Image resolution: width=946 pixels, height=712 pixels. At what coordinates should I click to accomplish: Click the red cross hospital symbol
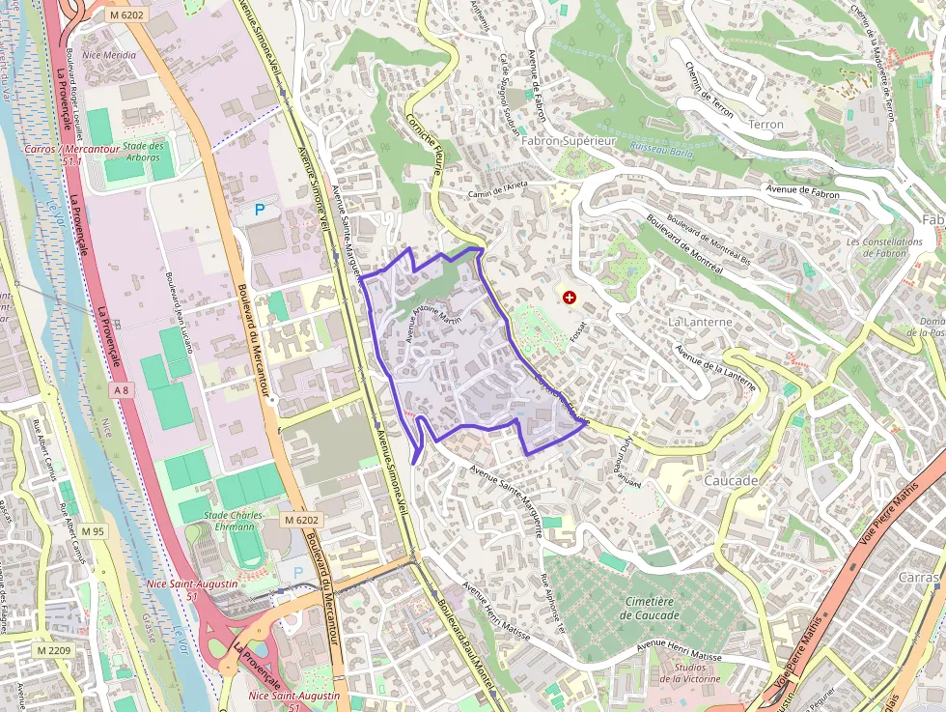pos(570,299)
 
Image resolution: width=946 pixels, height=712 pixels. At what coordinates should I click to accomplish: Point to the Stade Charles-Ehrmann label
pos(229,521)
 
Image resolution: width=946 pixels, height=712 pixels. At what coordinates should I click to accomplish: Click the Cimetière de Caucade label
pos(650,608)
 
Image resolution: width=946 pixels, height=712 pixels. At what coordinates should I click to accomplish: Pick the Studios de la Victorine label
pos(690,672)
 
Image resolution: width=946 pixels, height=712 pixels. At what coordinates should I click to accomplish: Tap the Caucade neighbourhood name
pos(731,480)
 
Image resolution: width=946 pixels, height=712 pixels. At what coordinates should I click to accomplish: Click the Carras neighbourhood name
pos(918,577)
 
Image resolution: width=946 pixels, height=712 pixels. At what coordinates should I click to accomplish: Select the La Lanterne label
pos(700,322)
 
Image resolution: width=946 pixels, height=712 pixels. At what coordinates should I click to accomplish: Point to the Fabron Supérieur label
pos(568,141)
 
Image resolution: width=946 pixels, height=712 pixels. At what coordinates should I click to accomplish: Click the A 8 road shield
pos(121,389)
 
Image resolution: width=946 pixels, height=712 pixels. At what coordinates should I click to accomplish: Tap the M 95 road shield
pos(93,531)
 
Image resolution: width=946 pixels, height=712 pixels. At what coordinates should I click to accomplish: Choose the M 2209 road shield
pos(53,650)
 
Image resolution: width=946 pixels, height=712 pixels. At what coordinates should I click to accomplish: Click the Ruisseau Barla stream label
pos(661,150)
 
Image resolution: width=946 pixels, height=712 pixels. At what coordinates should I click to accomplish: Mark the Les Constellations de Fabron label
pos(884,247)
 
